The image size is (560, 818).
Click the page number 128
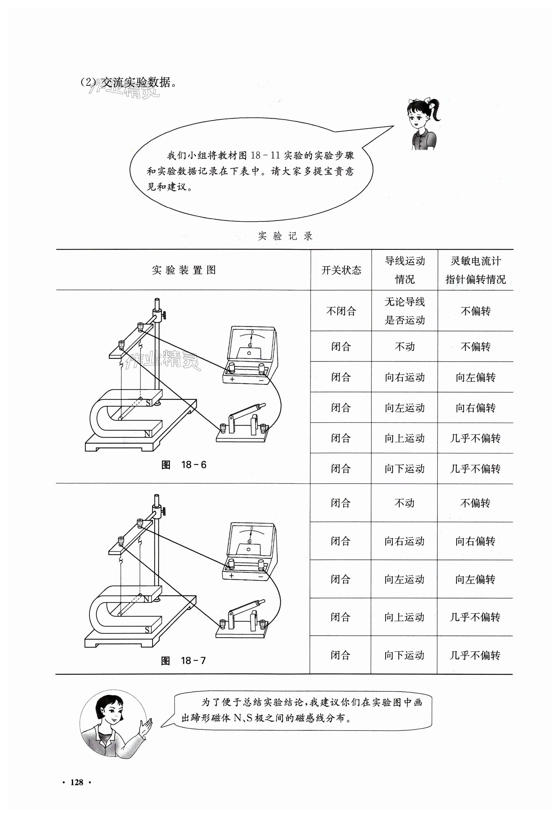tap(77, 782)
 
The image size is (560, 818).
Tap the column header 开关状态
tap(341, 270)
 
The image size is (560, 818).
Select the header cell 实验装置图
tap(184, 270)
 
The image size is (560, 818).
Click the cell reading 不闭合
tap(341, 311)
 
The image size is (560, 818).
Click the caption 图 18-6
tap(184, 465)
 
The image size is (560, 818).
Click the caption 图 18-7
tap(183, 661)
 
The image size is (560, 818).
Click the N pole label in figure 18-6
tap(148, 434)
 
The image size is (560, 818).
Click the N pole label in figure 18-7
tap(147, 599)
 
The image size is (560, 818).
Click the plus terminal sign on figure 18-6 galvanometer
tap(232, 379)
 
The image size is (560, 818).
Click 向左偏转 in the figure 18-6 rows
tap(475, 377)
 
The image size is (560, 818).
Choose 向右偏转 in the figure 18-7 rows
tap(475, 541)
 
